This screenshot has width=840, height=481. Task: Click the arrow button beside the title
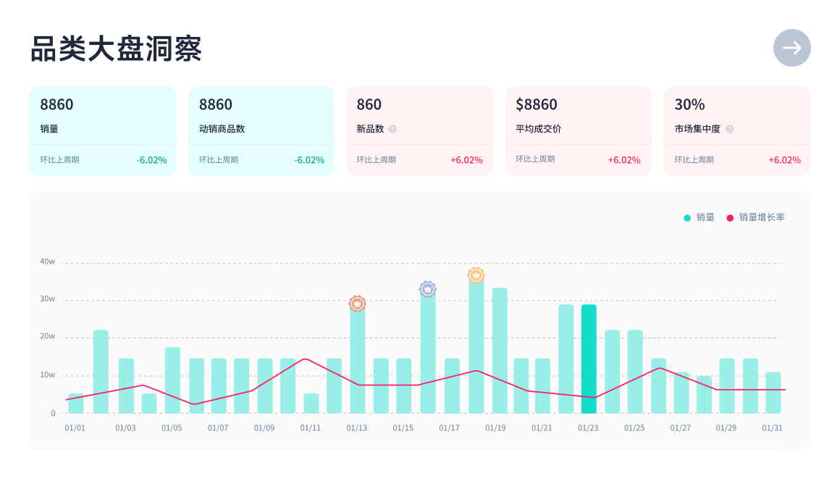[x=791, y=48]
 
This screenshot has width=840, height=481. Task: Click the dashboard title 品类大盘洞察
[x=116, y=49]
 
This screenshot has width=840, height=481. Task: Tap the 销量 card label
[x=49, y=129]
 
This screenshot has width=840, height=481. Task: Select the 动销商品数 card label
[x=222, y=129]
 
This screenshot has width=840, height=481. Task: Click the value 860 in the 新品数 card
[x=369, y=104]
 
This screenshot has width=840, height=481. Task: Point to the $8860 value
[x=536, y=104]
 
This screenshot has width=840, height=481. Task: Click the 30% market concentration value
[x=689, y=104]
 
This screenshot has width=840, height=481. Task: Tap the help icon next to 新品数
[x=392, y=129]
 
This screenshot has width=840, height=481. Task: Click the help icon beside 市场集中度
[x=730, y=129]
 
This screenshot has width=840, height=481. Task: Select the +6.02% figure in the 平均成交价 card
[x=624, y=160]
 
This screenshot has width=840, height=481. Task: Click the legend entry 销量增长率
[x=761, y=217]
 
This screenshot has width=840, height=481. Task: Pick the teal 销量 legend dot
[x=687, y=217]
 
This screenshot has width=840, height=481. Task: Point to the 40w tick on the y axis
[x=48, y=262]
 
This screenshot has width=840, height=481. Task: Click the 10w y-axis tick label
[x=48, y=375]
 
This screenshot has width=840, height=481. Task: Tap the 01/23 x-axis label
[x=588, y=427]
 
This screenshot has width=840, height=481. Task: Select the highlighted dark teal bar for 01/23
[x=589, y=359]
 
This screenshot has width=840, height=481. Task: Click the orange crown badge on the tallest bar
[x=476, y=275]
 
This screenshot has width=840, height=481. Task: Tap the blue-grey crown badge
[x=428, y=289]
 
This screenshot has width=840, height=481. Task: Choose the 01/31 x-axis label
[x=773, y=427]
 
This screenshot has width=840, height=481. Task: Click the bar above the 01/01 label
[x=75, y=403]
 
